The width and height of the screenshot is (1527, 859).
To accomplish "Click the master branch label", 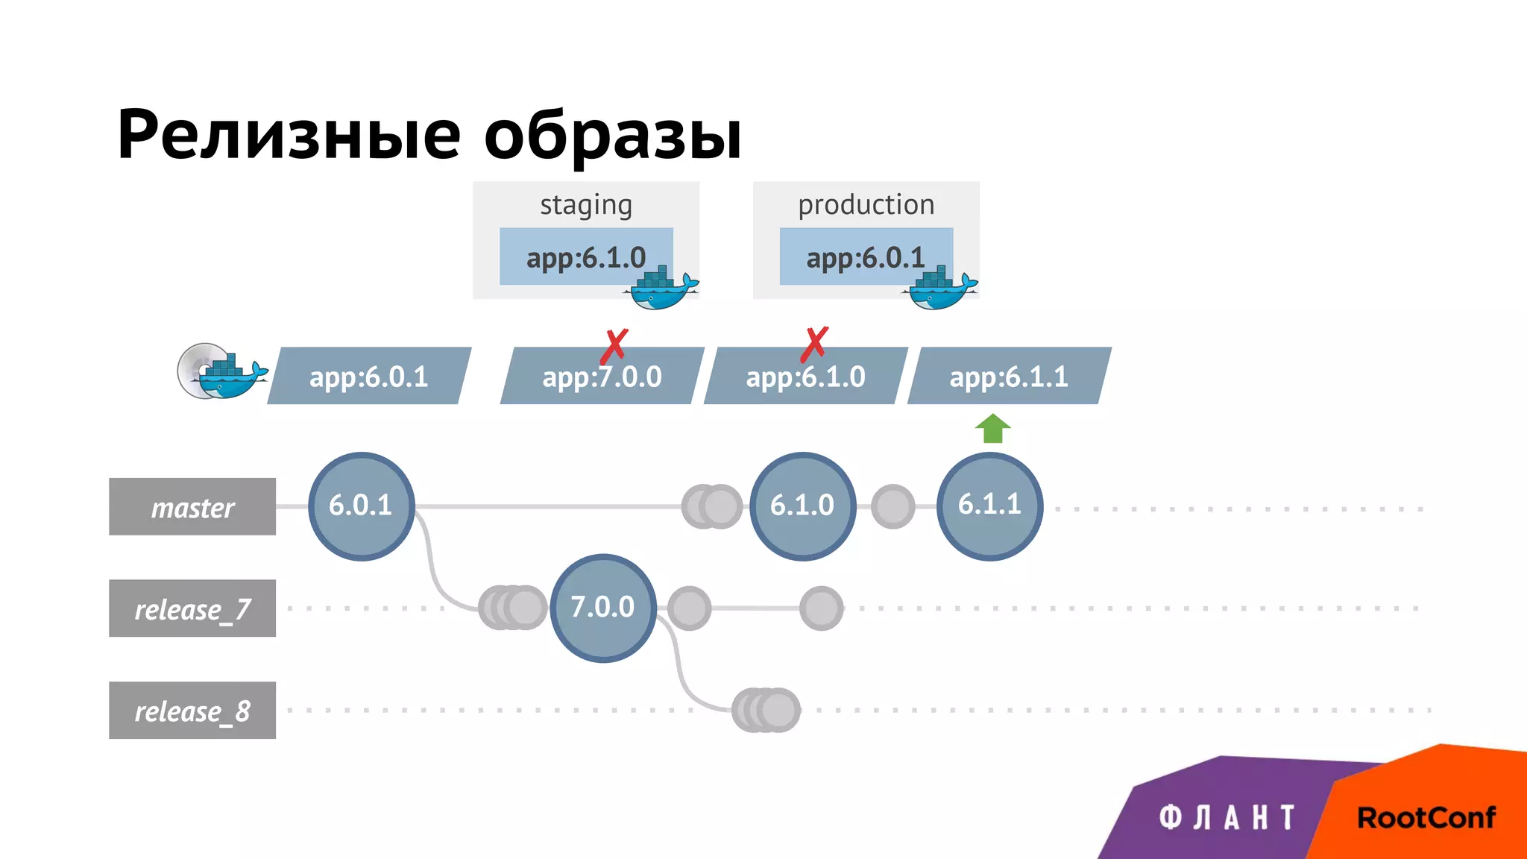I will (192, 507).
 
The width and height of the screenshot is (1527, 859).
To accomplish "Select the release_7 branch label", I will (192, 608).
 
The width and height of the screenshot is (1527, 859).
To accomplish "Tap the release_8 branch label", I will (192, 711).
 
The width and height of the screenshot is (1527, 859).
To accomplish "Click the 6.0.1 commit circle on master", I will (362, 506).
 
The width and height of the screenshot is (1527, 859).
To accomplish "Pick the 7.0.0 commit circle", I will (603, 608).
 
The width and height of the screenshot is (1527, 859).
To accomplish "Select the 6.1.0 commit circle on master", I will (802, 506).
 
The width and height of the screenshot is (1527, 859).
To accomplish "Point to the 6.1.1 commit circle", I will (989, 506).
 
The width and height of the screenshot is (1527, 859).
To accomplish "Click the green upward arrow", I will (992, 429).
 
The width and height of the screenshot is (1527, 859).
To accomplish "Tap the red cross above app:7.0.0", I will (614, 346).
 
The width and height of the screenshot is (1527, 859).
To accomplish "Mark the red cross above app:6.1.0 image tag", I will (814, 344).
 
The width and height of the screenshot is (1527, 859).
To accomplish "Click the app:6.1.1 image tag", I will (1009, 377).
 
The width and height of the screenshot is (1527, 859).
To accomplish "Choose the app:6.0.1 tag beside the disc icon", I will (369, 377).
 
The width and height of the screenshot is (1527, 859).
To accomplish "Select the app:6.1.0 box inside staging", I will (586, 257).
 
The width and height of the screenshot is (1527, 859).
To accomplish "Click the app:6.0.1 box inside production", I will (866, 257).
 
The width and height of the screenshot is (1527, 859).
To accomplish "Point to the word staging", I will (586, 205).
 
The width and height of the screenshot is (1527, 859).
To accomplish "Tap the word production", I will (866, 205).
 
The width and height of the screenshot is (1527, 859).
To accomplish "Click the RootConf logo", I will (1426, 818).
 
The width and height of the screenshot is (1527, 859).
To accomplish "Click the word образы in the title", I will (613, 136).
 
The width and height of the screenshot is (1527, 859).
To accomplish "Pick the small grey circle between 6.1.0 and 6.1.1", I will (892, 506).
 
